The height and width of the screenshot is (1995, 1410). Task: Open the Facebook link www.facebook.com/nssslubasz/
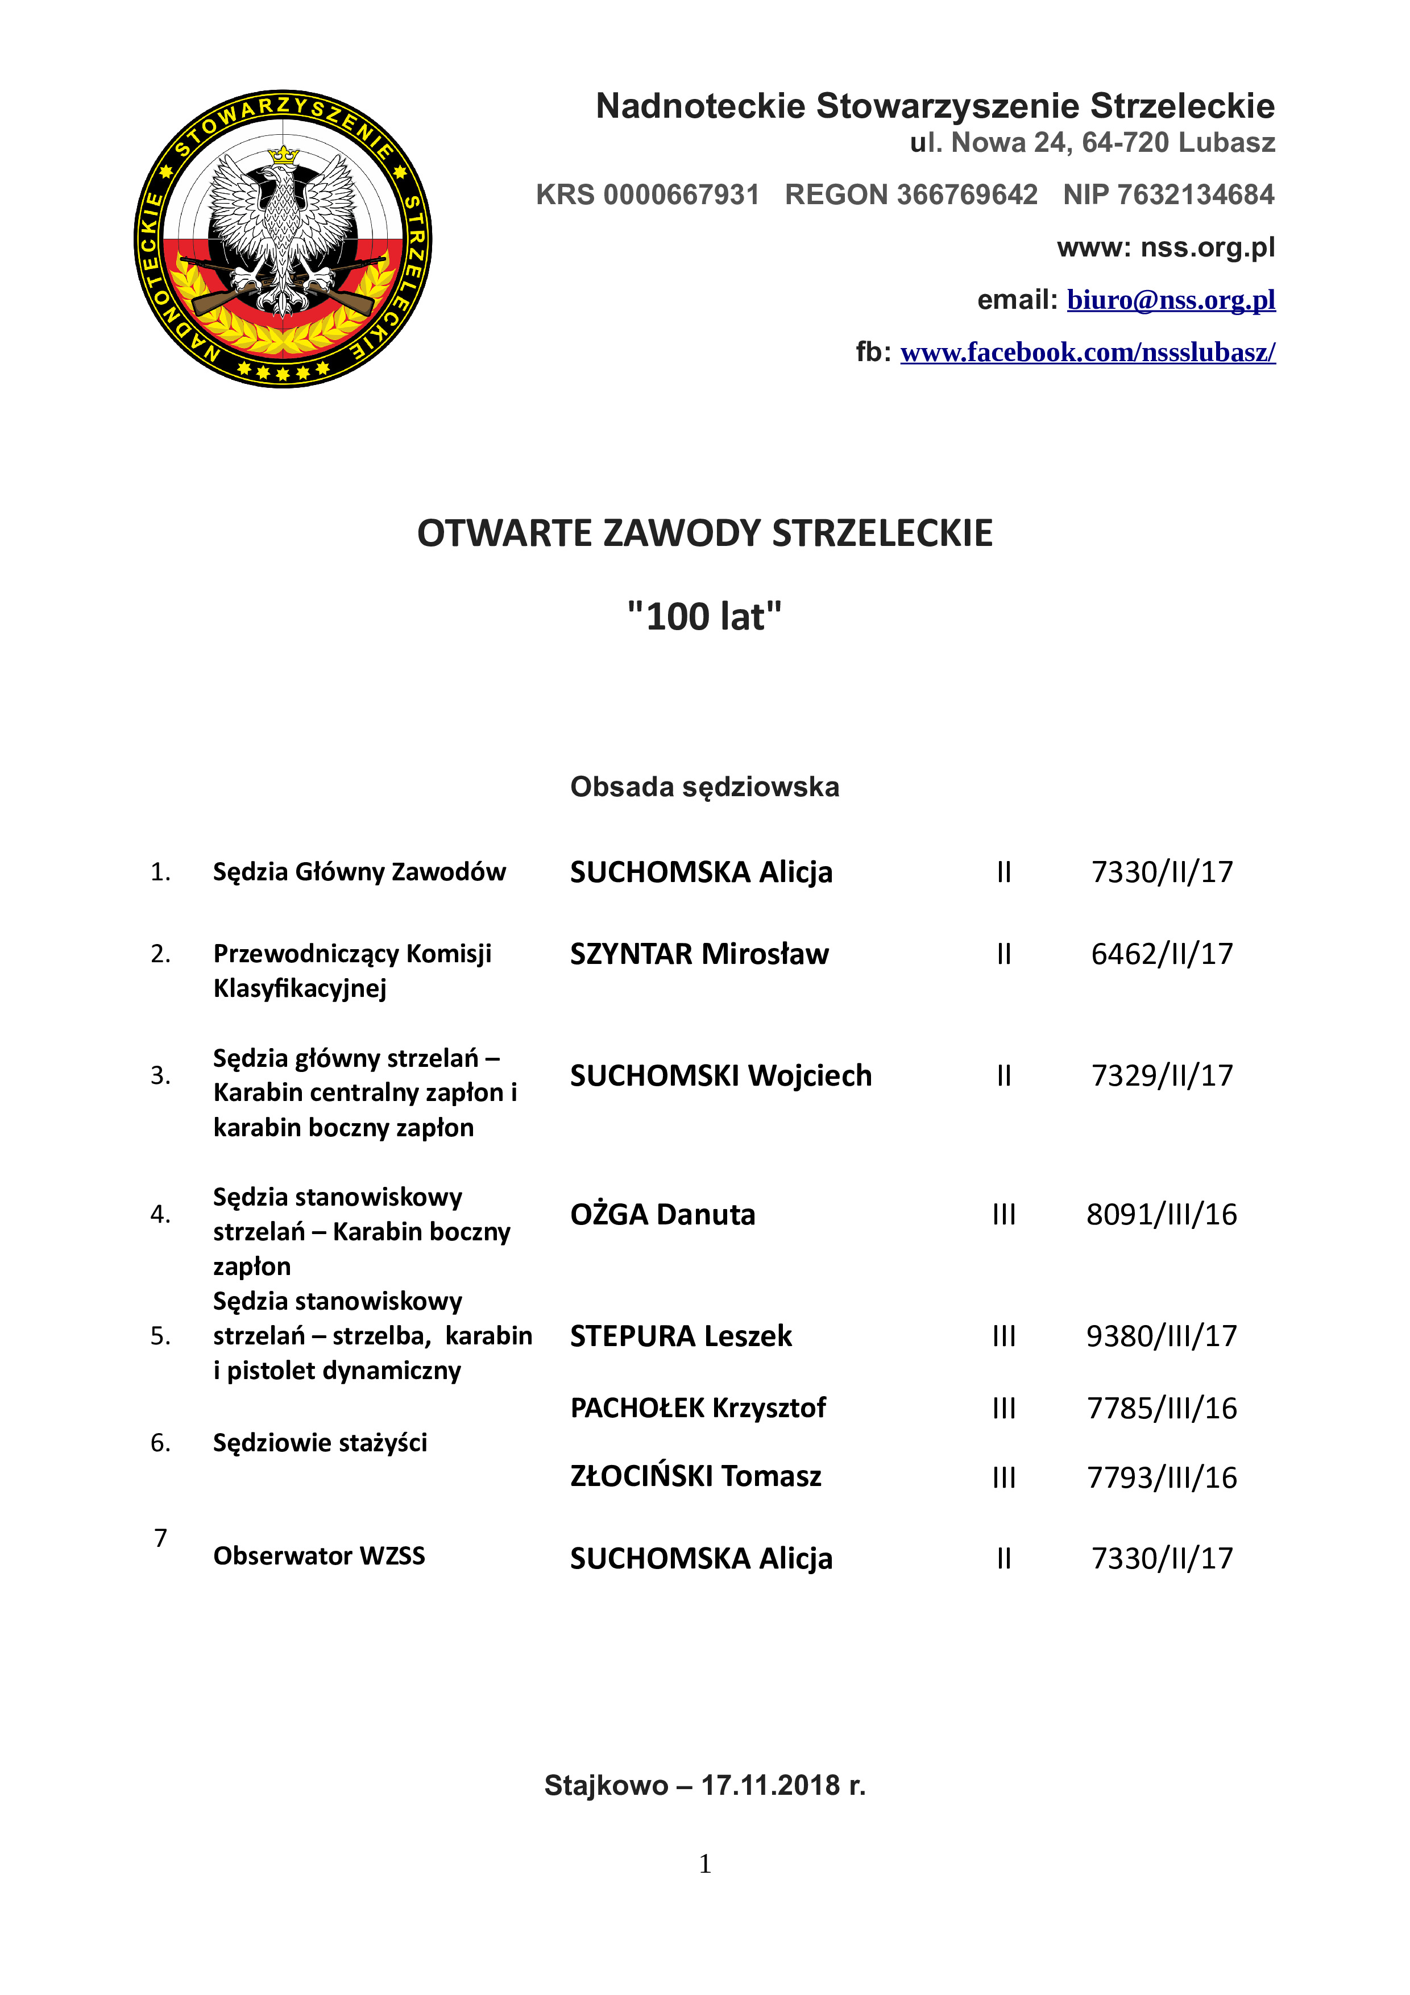coord(1088,352)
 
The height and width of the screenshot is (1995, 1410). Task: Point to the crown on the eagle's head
coord(283,155)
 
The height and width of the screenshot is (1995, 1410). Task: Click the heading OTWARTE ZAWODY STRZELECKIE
coord(704,533)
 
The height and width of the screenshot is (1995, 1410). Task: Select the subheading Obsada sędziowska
coord(704,787)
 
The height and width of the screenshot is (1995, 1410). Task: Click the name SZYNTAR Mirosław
coord(699,954)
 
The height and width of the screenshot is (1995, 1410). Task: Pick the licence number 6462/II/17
coord(1162,954)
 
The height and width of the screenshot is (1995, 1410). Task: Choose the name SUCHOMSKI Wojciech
coord(720,1076)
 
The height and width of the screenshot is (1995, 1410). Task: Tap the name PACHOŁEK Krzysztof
coord(698,1408)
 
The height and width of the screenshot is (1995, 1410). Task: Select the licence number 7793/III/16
coord(1162,1477)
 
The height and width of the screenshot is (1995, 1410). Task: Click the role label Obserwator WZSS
coord(319,1555)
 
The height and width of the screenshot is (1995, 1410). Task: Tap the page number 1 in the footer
coord(704,1864)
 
